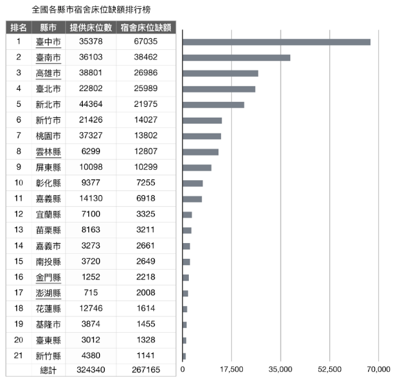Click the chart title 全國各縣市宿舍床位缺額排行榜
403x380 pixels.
tap(91, 10)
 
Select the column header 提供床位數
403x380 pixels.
tap(91, 27)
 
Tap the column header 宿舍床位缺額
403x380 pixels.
tap(146, 27)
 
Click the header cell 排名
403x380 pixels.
tap(18, 27)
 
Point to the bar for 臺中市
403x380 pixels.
tap(276, 42)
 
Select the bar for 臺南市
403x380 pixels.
tap(237, 58)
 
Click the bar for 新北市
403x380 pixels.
tap(213, 105)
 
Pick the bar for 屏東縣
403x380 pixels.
tap(197, 168)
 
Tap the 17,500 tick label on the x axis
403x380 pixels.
tap(231, 370)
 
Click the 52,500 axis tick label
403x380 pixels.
tap(330, 370)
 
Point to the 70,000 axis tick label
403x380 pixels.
tap(378, 370)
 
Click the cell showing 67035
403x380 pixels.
tap(146, 41)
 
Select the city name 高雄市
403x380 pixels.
tap(49, 73)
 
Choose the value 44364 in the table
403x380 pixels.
tap(91, 104)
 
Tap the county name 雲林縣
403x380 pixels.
tap(49, 152)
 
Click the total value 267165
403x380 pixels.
tap(146, 370)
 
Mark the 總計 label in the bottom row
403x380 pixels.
tap(49, 370)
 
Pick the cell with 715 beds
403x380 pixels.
tap(91, 293)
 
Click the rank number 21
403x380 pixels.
tap(18, 355)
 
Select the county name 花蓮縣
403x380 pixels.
tap(49, 309)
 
